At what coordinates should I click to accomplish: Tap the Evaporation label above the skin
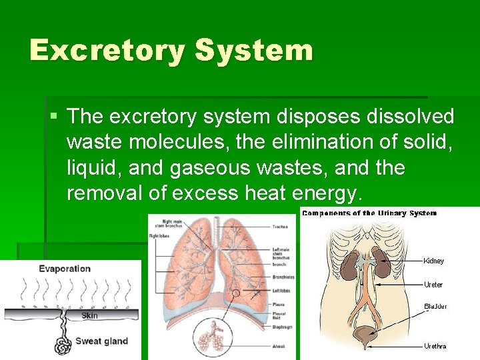[x=65, y=269]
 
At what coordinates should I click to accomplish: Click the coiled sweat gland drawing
[x=63, y=345]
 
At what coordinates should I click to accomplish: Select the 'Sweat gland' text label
[x=101, y=341]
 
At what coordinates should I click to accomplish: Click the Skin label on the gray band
[x=89, y=315]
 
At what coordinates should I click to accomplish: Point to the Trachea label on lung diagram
[x=281, y=227]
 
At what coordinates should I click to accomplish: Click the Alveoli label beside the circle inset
[x=279, y=347]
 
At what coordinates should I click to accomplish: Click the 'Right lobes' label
[x=159, y=236]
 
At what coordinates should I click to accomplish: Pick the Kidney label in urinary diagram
[x=433, y=261]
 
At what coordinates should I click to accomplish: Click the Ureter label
[x=433, y=285]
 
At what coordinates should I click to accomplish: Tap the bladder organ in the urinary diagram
[x=365, y=335]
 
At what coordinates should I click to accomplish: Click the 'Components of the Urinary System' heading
[x=369, y=213]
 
